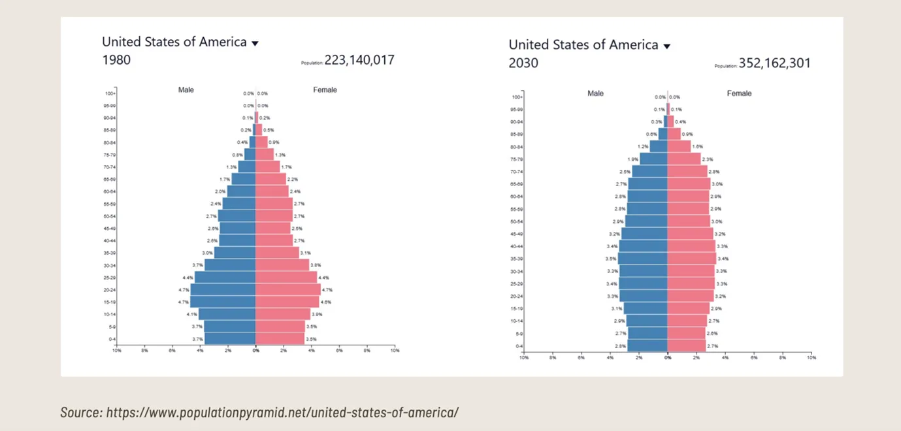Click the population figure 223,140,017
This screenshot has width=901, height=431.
[x=359, y=60]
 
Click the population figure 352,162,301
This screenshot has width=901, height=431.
[x=774, y=63]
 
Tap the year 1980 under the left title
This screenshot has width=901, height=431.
[x=116, y=60]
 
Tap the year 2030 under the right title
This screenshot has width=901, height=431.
[x=523, y=63]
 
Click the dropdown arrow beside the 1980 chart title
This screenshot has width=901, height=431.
[x=255, y=43]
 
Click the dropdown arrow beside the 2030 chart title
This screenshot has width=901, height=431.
[x=667, y=46]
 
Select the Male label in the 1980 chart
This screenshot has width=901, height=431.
[x=186, y=89]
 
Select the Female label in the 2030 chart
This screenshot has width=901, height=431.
[x=739, y=93]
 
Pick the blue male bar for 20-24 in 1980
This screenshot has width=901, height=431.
[x=223, y=289]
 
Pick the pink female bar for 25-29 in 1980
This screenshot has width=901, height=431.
[x=286, y=278]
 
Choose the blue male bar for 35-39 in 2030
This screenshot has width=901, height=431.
[x=643, y=259]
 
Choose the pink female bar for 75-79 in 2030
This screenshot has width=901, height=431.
[x=683, y=159]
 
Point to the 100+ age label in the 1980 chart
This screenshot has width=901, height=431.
[x=110, y=93]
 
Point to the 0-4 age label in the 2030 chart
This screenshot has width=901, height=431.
[x=519, y=346]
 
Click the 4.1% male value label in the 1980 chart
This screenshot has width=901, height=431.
[x=191, y=314]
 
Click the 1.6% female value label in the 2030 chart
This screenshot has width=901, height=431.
[x=697, y=147]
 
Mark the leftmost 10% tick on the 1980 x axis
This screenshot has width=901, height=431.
[x=116, y=351]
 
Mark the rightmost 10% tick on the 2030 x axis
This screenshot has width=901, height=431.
[x=811, y=357]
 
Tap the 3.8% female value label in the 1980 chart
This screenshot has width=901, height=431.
[x=316, y=265]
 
